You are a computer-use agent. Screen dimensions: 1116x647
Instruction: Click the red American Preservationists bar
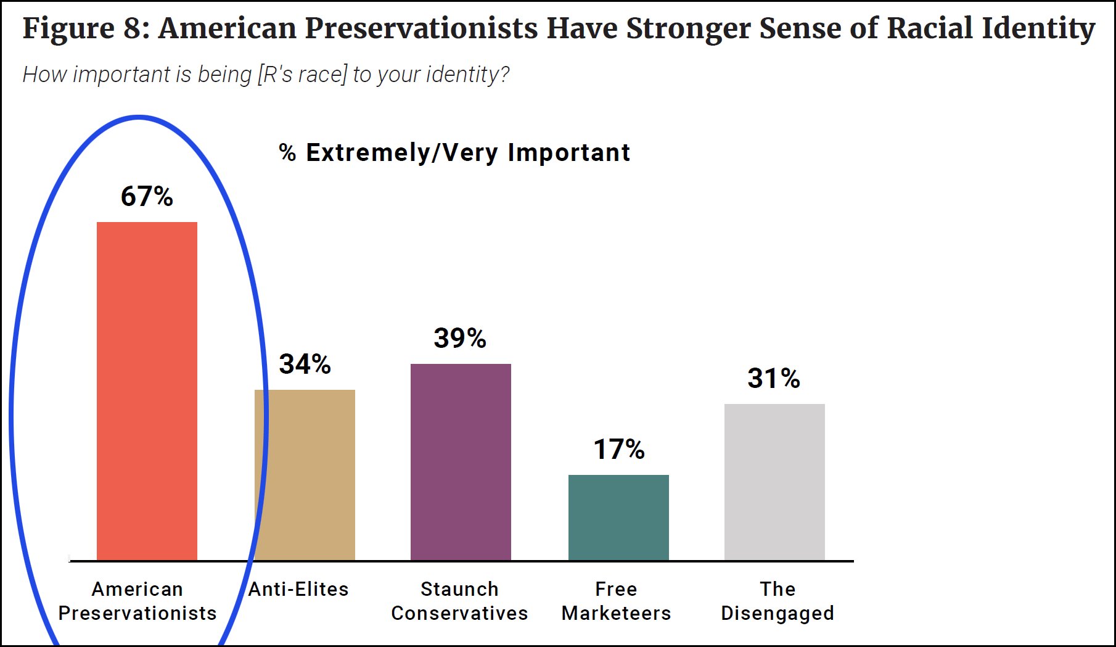point(147,391)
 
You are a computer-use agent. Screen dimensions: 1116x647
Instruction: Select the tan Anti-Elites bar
point(305,475)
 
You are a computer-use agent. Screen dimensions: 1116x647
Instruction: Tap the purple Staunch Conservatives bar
point(461,462)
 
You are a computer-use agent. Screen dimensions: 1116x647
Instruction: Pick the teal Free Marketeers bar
point(618,517)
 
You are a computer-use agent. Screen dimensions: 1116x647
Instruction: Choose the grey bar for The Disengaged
point(774,482)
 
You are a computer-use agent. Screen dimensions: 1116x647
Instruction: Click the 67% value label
point(147,196)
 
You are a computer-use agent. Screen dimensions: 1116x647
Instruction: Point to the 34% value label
point(305,364)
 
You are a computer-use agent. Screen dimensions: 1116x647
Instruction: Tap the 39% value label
point(460,338)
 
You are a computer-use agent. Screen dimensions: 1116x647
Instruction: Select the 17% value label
point(619,449)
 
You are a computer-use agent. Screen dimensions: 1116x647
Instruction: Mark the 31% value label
point(774,378)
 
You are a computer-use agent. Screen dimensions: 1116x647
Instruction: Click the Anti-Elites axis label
point(298,589)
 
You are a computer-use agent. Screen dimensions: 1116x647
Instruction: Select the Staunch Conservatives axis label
point(459,601)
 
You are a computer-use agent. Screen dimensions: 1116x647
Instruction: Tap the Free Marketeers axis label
point(616,601)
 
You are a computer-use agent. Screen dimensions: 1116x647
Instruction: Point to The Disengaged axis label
point(778,601)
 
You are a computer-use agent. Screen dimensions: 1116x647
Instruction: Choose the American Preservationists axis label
point(137,601)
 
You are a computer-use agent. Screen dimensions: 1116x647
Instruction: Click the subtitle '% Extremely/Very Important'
point(454,152)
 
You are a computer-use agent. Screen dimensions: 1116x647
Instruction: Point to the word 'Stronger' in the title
point(689,29)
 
